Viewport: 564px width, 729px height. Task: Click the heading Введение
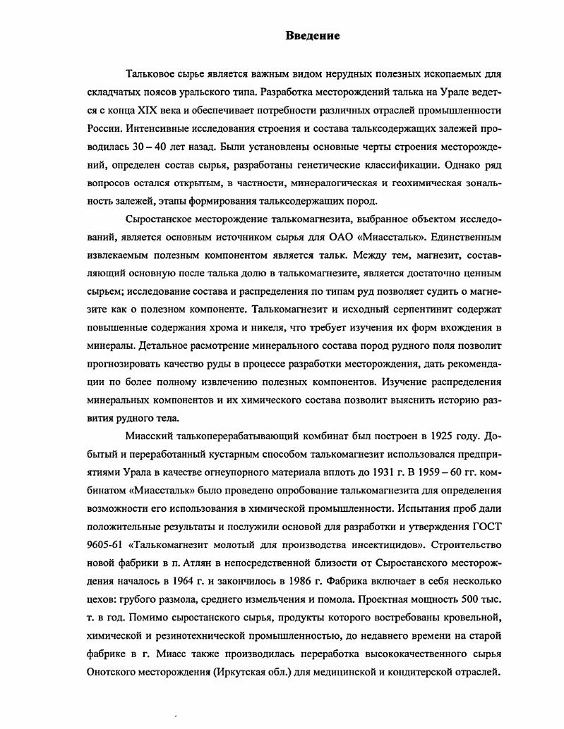coord(313,36)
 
